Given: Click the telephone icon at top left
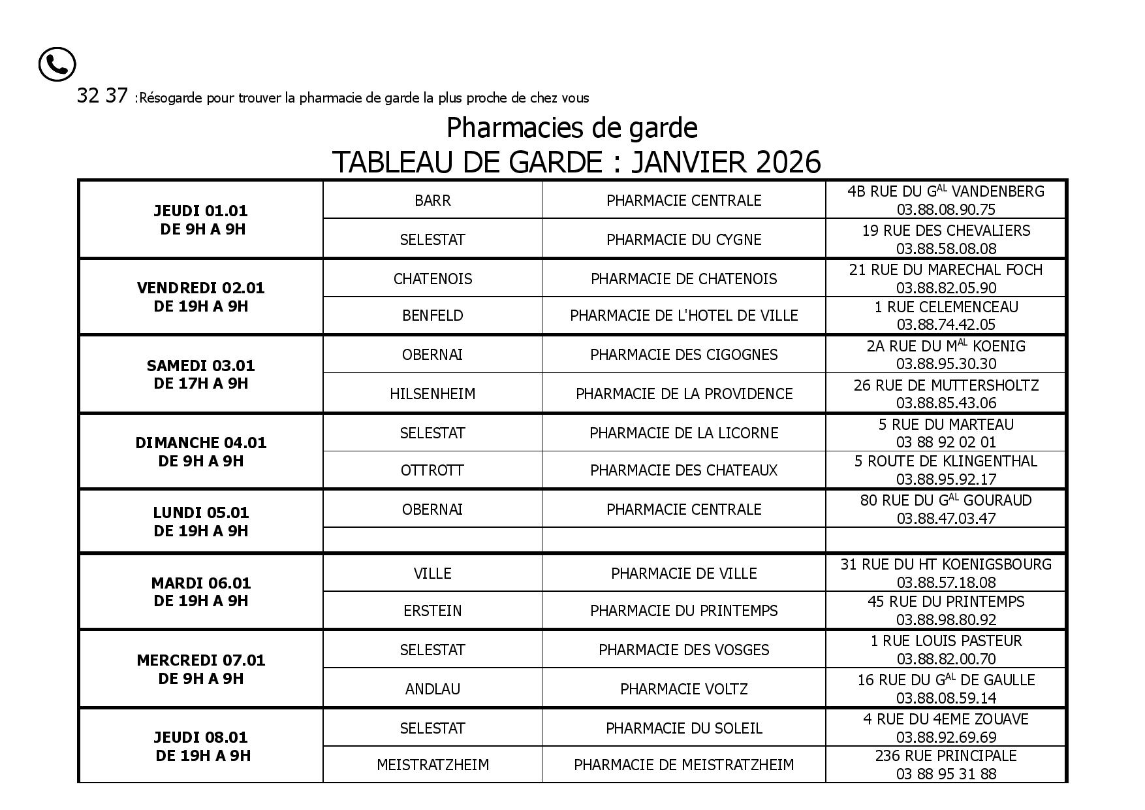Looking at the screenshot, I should (57, 65).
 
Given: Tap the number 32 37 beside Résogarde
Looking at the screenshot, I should (102, 96).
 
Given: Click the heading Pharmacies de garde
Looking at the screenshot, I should (572, 128).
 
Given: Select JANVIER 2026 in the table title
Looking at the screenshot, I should (725, 162).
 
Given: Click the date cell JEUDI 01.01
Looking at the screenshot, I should (201, 211).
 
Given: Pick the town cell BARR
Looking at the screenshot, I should (432, 200).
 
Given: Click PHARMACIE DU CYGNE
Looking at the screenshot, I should (683, 240).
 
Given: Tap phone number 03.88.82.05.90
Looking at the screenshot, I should (946, 288).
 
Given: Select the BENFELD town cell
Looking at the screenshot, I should (432, 316).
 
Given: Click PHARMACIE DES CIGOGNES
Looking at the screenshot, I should (683, 355).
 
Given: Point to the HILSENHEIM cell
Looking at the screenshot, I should (432, 394).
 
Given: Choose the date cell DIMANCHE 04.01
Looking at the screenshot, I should (201, 443).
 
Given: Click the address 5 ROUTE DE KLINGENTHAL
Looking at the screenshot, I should (946, 461).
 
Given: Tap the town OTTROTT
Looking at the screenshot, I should (432, 470).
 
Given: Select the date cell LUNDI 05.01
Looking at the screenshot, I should (201, 513).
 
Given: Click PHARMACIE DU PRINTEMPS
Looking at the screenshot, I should (683, 611).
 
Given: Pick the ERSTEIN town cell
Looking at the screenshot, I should (432, 611).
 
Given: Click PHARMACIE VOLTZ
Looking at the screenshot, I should (683, 689).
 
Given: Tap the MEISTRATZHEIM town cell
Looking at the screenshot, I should (432, 765).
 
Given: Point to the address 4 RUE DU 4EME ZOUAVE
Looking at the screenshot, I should (946, 719).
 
